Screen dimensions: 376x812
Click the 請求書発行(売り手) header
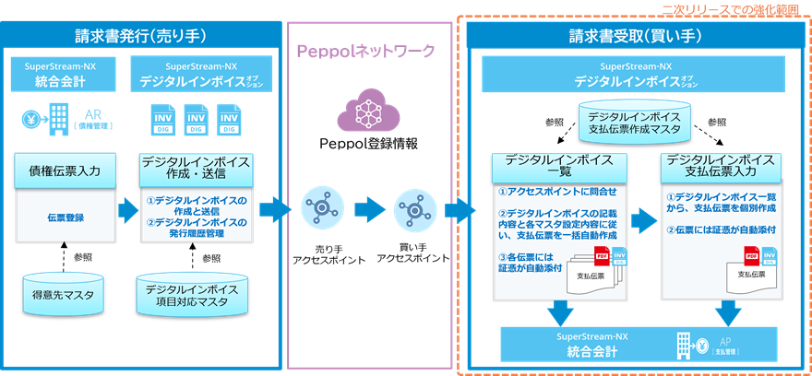pos(140,36)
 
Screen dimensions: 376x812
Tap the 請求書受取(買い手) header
pos(636,36)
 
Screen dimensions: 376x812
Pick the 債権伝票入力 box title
pos(65,169)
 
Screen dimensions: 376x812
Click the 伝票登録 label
pos(65,218)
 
